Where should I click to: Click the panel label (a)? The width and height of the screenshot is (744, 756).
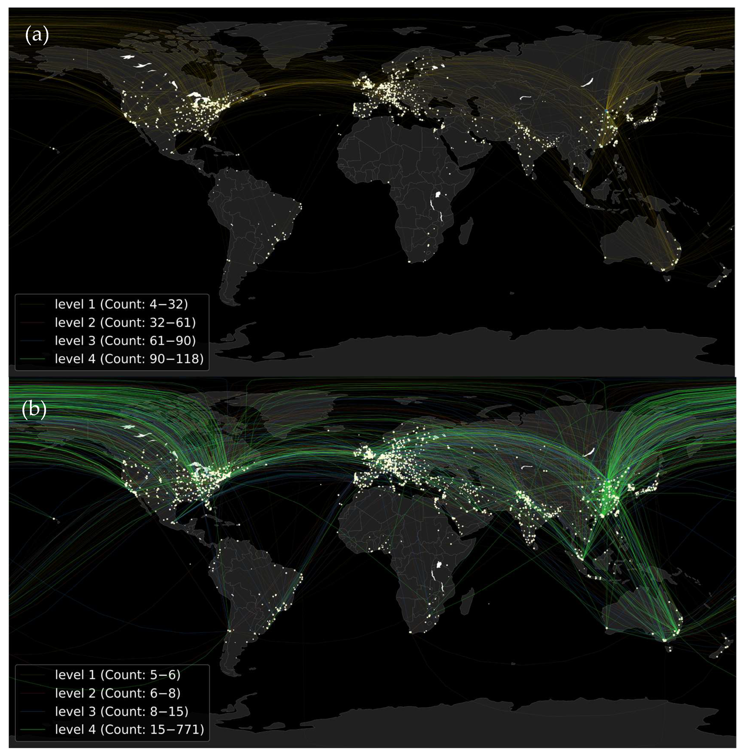pyautogui.click(x=37, y=35)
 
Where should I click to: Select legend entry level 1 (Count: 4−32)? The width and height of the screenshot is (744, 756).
pyautogui.click(x=121, y=304)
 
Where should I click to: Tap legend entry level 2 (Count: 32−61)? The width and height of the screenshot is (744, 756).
pyautogui.click(x=125, y=322)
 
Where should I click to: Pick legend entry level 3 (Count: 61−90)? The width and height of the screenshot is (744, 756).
pyautogui.click(x=125, y=340)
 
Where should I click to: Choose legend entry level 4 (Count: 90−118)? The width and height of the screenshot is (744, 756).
pyautogui.click(x=129, y=359)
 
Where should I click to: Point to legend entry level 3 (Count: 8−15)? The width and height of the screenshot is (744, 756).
pyautogui.click(x=121, y=711)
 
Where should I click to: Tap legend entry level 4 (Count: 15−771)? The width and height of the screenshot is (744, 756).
pyautogui.click(x=129, y=729)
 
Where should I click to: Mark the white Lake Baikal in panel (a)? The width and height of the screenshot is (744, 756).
pyautogui.click(x=587, y=82)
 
